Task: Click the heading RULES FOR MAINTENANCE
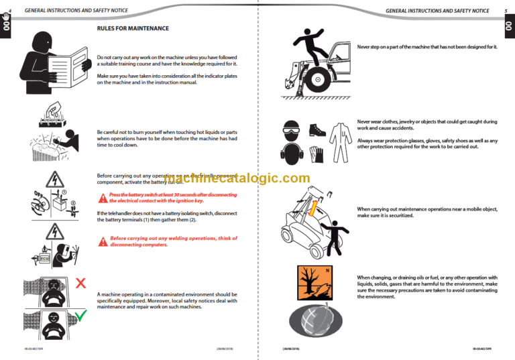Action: click(133, 29)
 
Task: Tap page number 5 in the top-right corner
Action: click(505, 11)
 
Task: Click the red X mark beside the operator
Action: click(80, 284)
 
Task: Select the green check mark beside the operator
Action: click(80, 315)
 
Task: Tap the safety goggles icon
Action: click(291, 129)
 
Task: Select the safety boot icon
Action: click(317, 129)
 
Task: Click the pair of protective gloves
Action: click(317, 155)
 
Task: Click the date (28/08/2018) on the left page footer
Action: click(224, 349)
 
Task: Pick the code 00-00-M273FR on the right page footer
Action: click(482, 349)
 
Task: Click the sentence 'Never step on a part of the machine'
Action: click(426, 47)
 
